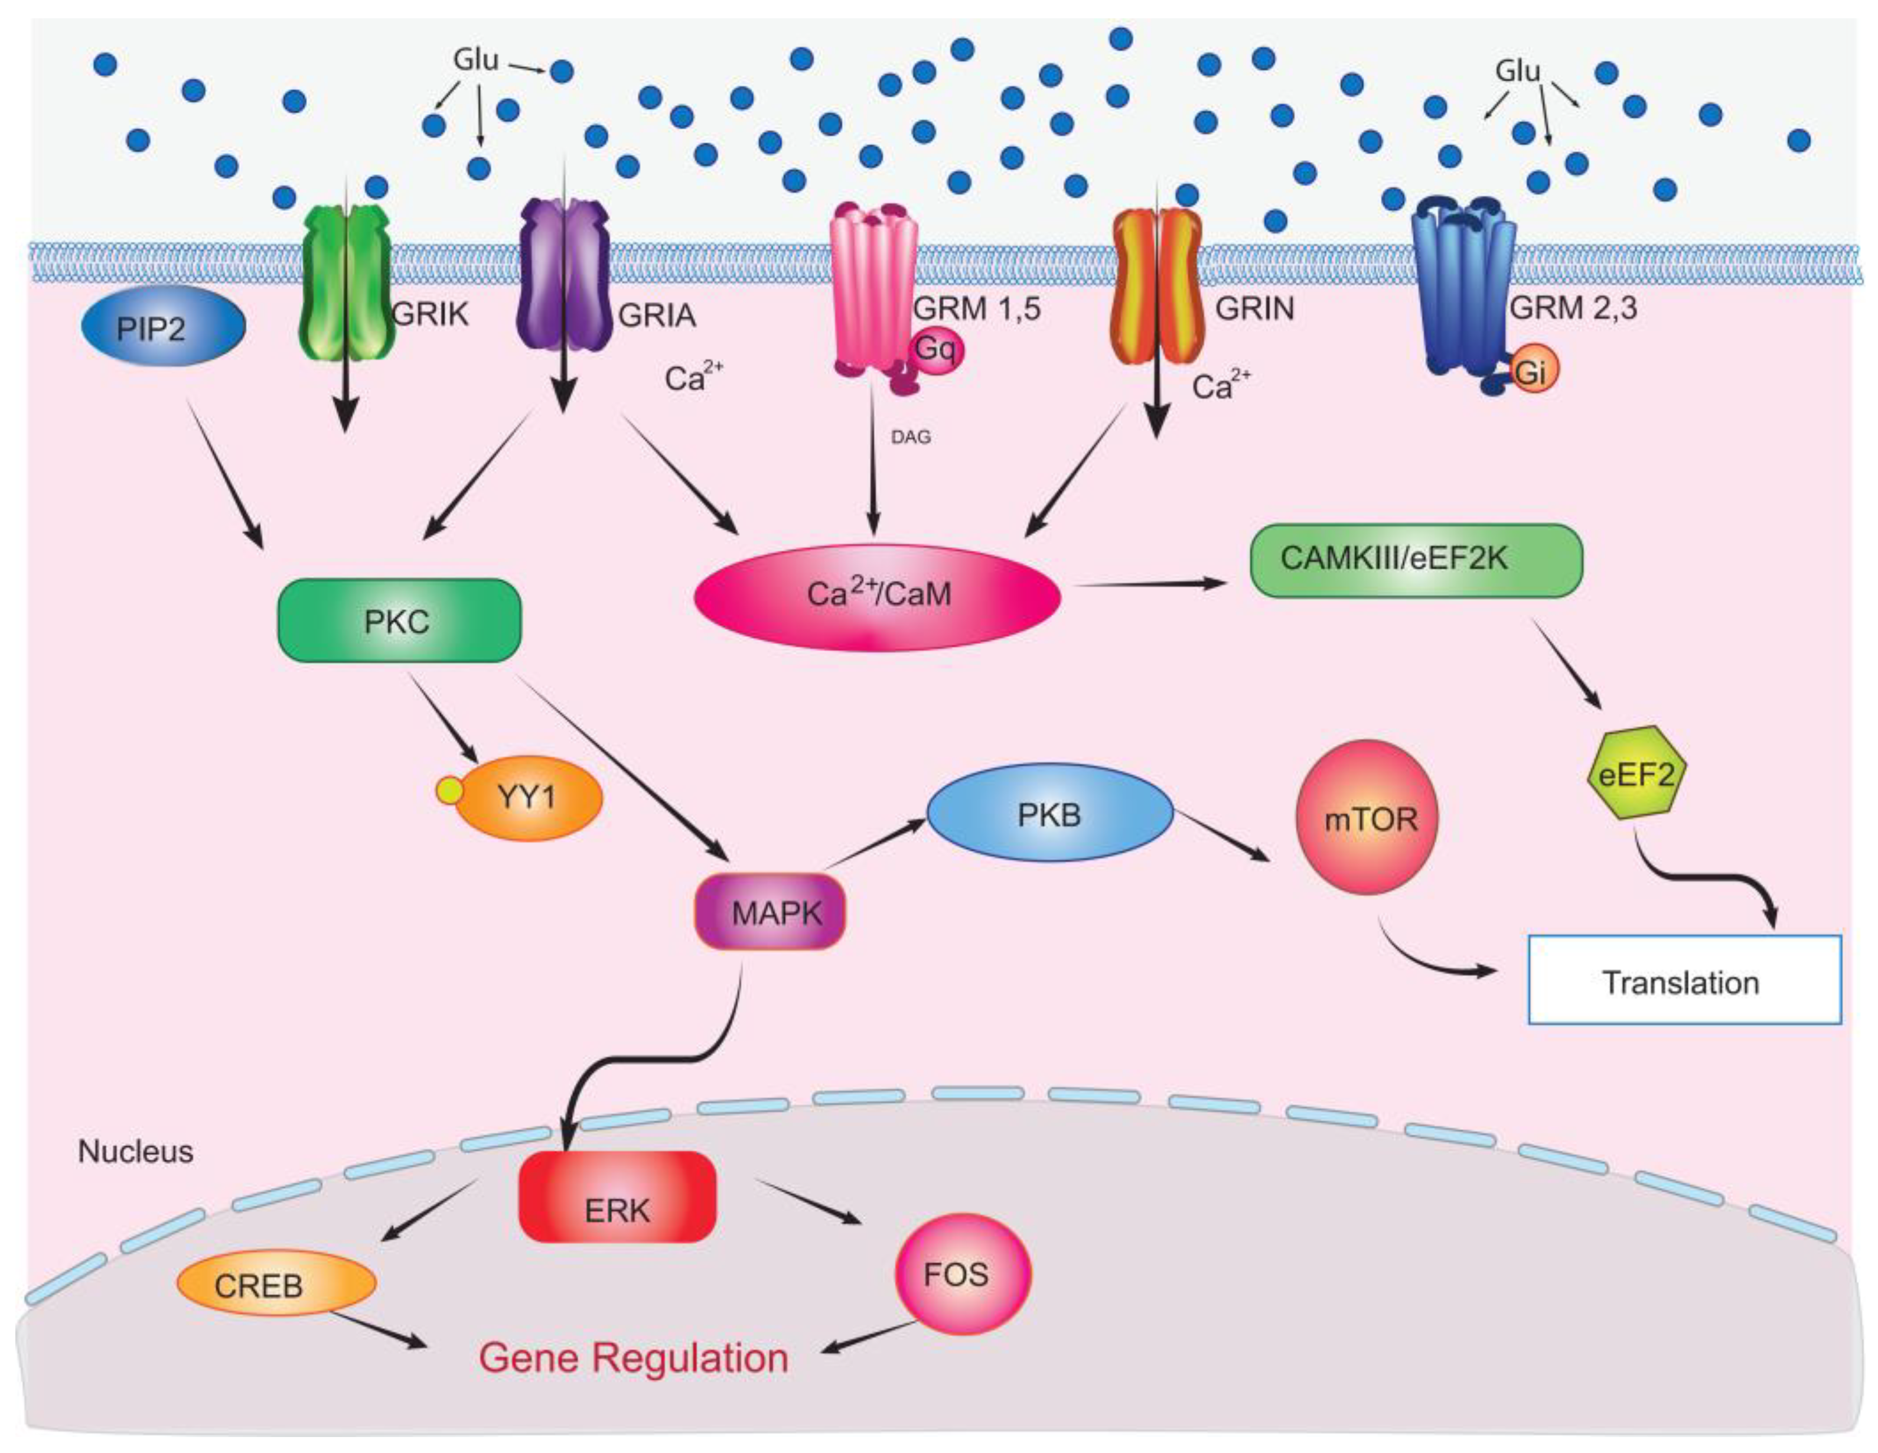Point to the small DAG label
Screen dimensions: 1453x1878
pos(911,437)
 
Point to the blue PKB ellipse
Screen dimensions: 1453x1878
pos(1049,813)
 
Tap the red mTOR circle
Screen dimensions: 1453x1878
pos(1367,817)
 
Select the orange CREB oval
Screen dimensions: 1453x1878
pos(276,1283)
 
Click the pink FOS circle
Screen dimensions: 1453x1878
pos(963,1273)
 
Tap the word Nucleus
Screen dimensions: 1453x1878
pos(136,1151)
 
